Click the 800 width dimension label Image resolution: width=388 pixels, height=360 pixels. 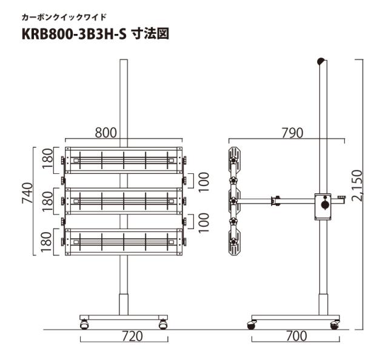(105, 133)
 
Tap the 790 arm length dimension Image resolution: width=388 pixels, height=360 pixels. (292, 133)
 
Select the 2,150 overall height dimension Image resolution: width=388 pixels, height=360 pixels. (356, 185)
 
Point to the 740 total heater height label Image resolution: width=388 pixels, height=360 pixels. (27, 193)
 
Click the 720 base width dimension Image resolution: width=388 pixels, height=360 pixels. (132, 336)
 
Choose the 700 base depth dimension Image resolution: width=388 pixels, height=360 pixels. (296, 336)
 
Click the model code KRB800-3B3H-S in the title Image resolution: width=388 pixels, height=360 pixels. (74, 34)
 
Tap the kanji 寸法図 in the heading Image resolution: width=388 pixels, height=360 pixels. (150, 34)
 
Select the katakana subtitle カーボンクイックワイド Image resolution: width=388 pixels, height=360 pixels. (64, 17)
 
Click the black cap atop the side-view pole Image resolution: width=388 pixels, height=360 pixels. (321, 61)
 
